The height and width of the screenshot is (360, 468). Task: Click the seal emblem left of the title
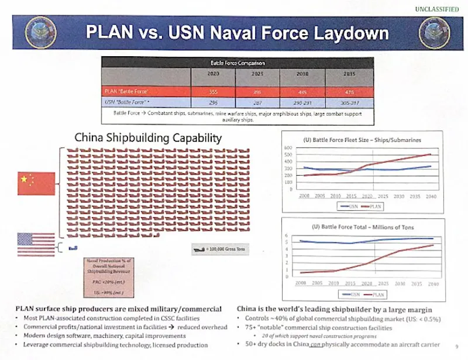[x=40, y=32]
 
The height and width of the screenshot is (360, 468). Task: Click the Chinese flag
[x=36, y=183]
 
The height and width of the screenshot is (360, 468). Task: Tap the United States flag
[x=36, y=244]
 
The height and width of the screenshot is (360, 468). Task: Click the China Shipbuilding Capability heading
[x=148, y=138]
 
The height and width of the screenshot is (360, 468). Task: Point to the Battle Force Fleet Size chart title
[x=363, y=140]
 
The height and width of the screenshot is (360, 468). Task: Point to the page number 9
[x=456, y=346]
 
